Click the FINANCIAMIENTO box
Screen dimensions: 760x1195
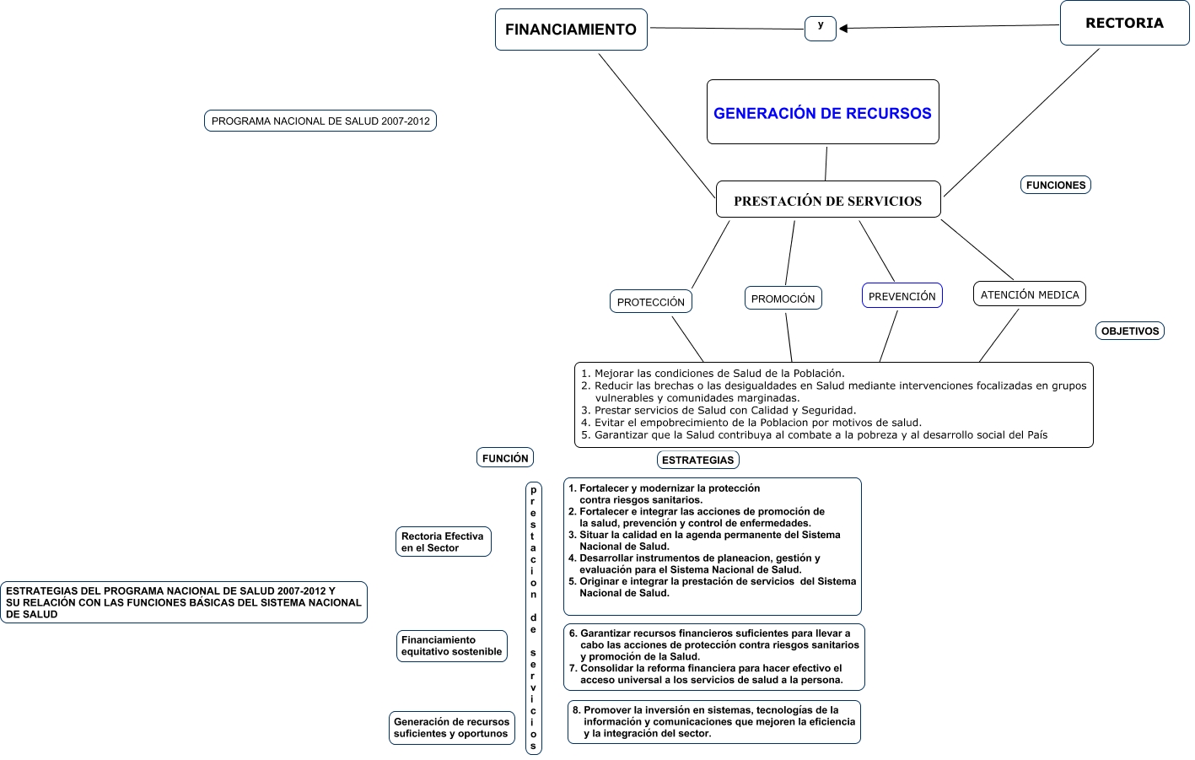pyautogui.click(x=571, y=30)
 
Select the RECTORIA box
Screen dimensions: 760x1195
pyautogui.click(x=1124, y=23)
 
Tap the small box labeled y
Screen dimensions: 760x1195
pyautogui.click(x=820, y=28)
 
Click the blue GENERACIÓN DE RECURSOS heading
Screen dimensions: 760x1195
pyautogui.click(x=822, y=113)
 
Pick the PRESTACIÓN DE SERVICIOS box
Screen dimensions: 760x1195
pyautogui.click(x=827, y=200)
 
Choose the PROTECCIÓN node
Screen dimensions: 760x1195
pyautogui.click(x=650, y=301)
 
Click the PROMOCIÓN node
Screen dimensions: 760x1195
pyautogui.click(x=783, y=298)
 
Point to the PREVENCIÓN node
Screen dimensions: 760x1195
pyautogui.click(x=902, y=295)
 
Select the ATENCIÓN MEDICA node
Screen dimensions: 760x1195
pyautogui.click(x=1029, y=294)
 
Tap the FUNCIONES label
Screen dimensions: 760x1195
pyautogui.click(x=1055, y=185)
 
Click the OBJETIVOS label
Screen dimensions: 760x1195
pyautogui.click(x=1129, y=331)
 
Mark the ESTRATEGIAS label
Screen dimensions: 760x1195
pyautogui.click(x=697, y=460)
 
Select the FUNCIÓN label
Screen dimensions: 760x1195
pyautogui.click(x=505, y=457)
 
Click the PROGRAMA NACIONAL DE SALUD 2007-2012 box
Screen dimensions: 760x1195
pyautogui.click(x=320, y=121)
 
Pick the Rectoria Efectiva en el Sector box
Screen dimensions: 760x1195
pyautogui.click(x=443, y=542)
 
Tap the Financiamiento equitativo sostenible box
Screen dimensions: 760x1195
pyautogui.click(x=451, y=646)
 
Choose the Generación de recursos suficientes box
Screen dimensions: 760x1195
pyautogui.click(x=451, y=728)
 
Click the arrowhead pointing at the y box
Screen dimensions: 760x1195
pyautogui.click(x=843, y=29)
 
